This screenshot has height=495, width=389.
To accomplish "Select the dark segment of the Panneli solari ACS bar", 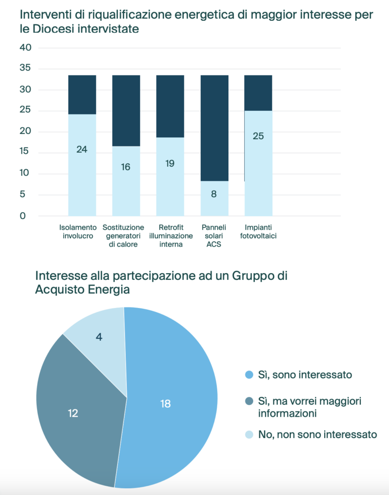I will tap(214, 128).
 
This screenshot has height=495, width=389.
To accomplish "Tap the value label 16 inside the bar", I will tap(126, 167).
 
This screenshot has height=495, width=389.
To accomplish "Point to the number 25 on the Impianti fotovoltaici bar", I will tap(258, 136).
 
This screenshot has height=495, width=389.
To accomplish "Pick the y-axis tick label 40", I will tap(26, 48).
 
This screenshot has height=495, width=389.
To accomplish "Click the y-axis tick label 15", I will tap(26, 152).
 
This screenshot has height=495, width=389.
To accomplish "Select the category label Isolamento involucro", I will tap(76, 232).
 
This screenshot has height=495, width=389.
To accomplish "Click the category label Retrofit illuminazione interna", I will tap(170, 235).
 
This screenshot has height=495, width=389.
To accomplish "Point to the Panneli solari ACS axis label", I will tap(214, 235).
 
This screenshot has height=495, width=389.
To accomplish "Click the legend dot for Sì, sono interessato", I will tap(249, 375).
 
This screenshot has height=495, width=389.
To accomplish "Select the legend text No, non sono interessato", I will tap(317, 434).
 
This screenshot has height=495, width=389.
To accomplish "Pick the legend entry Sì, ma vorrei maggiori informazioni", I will tap(310, 407).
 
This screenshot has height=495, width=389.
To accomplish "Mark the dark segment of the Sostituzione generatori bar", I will tap(126, 110).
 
